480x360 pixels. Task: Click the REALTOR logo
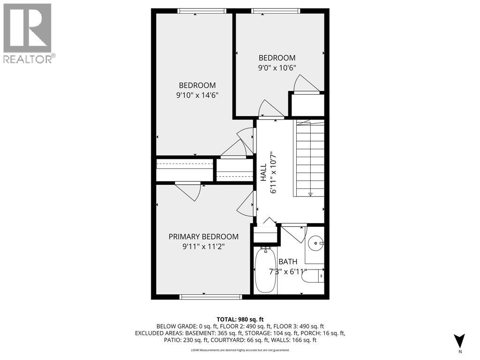click(28, 33)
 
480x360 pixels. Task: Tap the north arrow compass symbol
click(460, 341)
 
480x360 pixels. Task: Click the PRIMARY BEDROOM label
click(203, 237)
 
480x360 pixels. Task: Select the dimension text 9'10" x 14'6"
click(197, 95)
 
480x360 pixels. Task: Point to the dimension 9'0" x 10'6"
click(277, 67)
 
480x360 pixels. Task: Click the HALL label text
click(263, 172)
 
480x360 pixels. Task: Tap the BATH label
click(288, 262)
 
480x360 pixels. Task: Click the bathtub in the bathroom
click(265, 271)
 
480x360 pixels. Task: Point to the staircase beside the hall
click(309, 159)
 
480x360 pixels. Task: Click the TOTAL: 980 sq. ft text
click(240, 318)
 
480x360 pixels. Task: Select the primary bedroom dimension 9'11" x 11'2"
click(203, 247)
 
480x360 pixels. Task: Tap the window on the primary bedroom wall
click(211, 297)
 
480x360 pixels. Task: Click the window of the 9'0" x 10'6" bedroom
click(276, 11)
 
